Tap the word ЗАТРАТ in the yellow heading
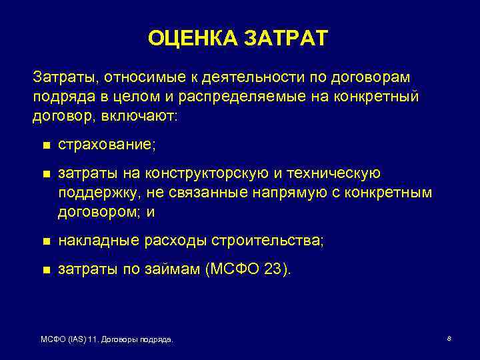coord(286,38)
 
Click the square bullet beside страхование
coord(45,145)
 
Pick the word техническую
coord(334,174)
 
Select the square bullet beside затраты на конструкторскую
coord(45,175)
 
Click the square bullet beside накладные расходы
coord(45,241)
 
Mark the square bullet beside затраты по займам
coord(45,271)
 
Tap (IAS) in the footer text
coord(77,340)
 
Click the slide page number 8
coord(449,339)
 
